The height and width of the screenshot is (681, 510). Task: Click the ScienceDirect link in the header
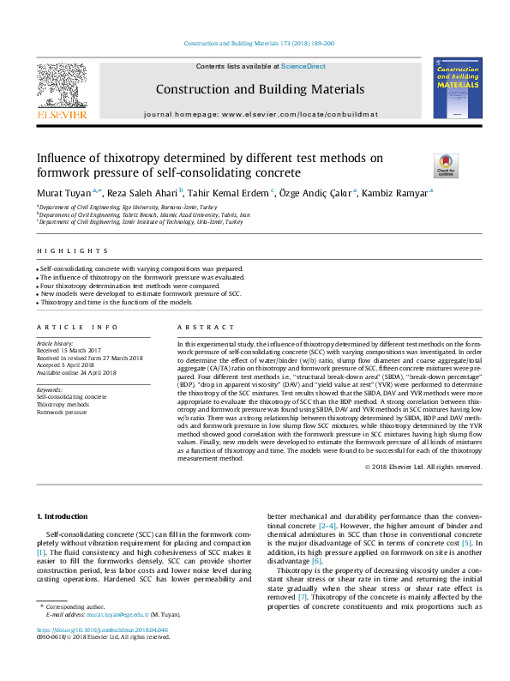(x=303, y=66)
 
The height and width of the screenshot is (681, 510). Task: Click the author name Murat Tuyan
(x=66, y=192)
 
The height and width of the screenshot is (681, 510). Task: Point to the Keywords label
(x=50, y=390)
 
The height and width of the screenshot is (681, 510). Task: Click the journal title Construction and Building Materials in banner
(x=260, y=89)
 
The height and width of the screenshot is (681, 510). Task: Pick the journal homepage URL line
(x=260, y=113)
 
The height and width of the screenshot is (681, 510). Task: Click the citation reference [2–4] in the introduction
(x=327, y=524)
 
